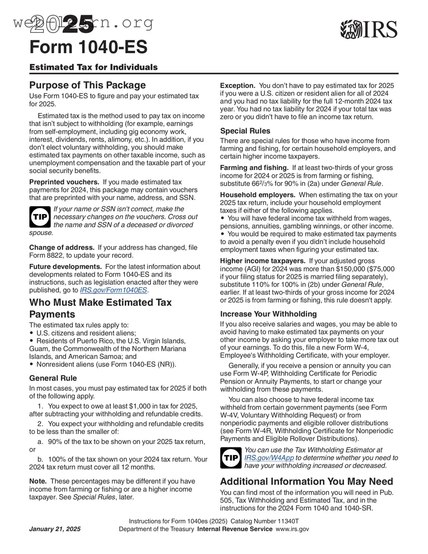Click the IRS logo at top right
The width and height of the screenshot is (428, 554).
point(369,30)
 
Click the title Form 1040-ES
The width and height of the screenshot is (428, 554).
point(88,47)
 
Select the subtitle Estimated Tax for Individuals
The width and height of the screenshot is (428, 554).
point(94,67)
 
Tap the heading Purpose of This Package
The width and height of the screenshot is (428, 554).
point(87,85)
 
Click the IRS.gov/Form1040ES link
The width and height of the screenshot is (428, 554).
point(113,290)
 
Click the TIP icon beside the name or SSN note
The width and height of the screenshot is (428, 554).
point(40,217)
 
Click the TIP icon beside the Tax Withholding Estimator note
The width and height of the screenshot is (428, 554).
point(230,458)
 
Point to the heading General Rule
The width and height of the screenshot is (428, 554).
point(53,378)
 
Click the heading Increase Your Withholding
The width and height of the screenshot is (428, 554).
point(268,314)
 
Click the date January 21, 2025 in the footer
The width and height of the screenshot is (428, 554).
point(55,529)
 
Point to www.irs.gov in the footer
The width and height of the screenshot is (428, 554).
point(292,529)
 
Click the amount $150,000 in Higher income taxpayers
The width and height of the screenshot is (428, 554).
point(337,269)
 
